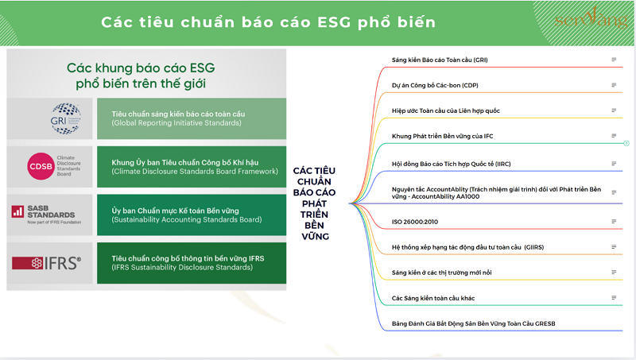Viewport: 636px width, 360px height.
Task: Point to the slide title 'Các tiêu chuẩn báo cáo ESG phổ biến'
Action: click(x=268, y=21)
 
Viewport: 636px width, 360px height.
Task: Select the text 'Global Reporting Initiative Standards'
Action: click(x=176, y=124)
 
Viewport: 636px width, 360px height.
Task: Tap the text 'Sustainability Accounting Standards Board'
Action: click(x=187, y=219)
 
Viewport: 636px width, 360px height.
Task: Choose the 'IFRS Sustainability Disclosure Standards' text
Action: click(x=180, y=269)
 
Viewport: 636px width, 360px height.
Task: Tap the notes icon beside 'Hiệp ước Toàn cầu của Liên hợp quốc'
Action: click(x=613, y=110)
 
